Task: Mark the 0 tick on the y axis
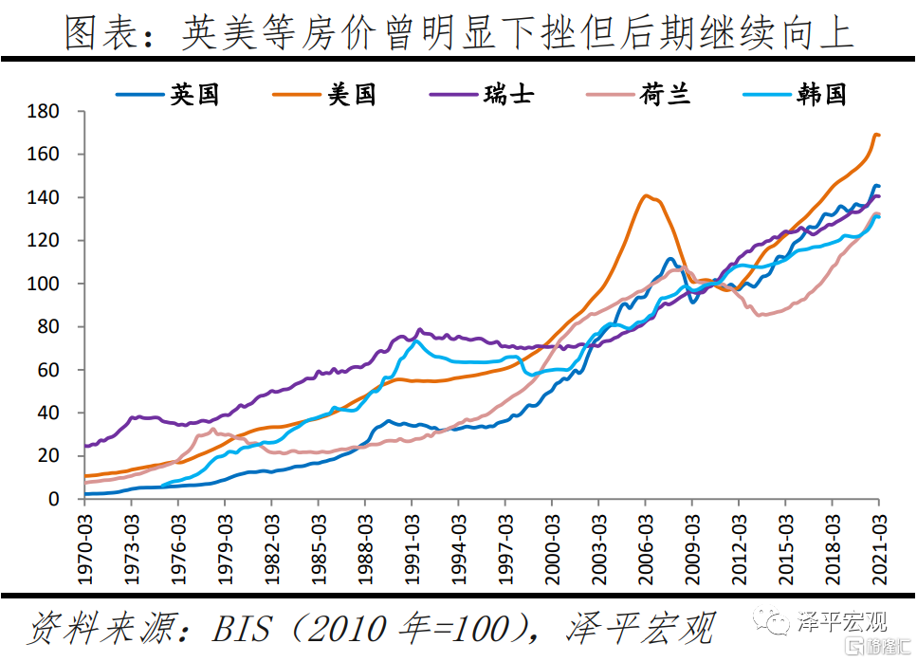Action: [56, 499]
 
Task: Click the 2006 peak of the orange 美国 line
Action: [646, 195]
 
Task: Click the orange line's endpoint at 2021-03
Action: [878, 135]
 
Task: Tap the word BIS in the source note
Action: [244, 628]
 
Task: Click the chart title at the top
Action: [458, 33]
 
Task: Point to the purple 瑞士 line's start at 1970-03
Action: [86, 445]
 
